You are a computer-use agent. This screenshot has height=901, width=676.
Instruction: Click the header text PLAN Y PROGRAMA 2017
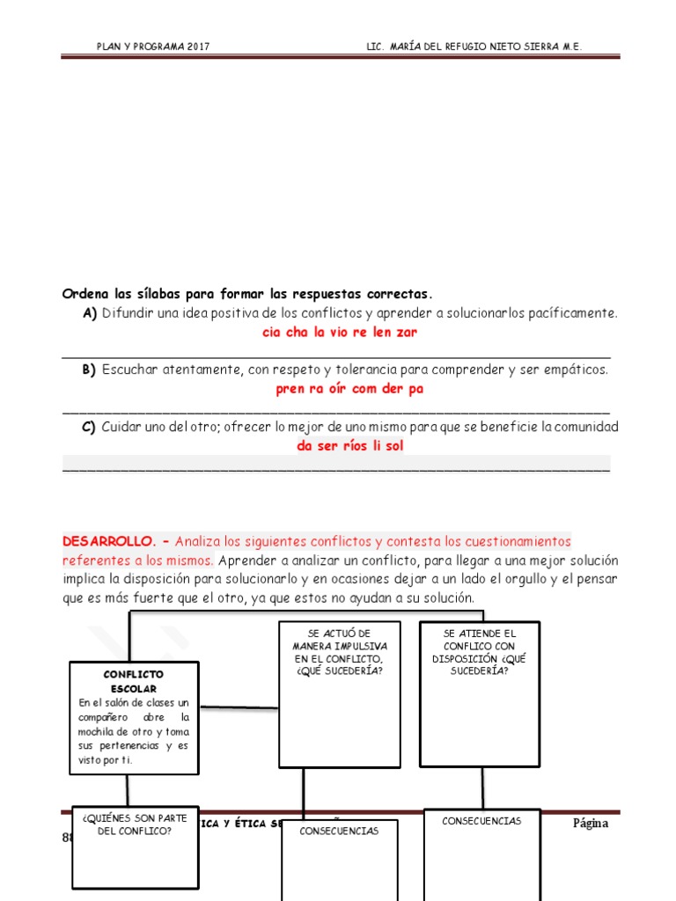point(153,47)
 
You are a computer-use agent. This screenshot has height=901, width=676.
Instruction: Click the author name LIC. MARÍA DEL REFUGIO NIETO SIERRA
point(474,47)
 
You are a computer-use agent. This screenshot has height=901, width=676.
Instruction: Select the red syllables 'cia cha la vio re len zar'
point(340,333)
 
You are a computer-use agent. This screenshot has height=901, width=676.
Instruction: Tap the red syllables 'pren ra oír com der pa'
point(349,389)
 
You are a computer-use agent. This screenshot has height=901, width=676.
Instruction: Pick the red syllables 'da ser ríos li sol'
point(350,445)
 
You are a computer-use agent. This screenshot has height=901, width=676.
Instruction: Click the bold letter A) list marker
point(89,313)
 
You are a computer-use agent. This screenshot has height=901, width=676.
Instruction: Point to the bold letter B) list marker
point(89,370)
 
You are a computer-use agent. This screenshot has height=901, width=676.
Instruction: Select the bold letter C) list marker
point(89,427)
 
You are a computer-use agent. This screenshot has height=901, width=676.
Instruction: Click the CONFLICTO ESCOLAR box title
point(134,681)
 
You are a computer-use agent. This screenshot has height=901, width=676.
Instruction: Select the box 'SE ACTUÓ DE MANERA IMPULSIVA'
point(340,652)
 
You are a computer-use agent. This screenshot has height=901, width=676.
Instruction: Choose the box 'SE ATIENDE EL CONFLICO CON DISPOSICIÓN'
point(480,652)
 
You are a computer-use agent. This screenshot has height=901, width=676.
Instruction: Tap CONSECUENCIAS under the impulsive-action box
point(340,831)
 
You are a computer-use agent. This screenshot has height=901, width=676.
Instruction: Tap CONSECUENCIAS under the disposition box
point(481,820)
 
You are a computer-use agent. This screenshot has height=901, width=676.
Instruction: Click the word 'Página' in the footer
point(590,824)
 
